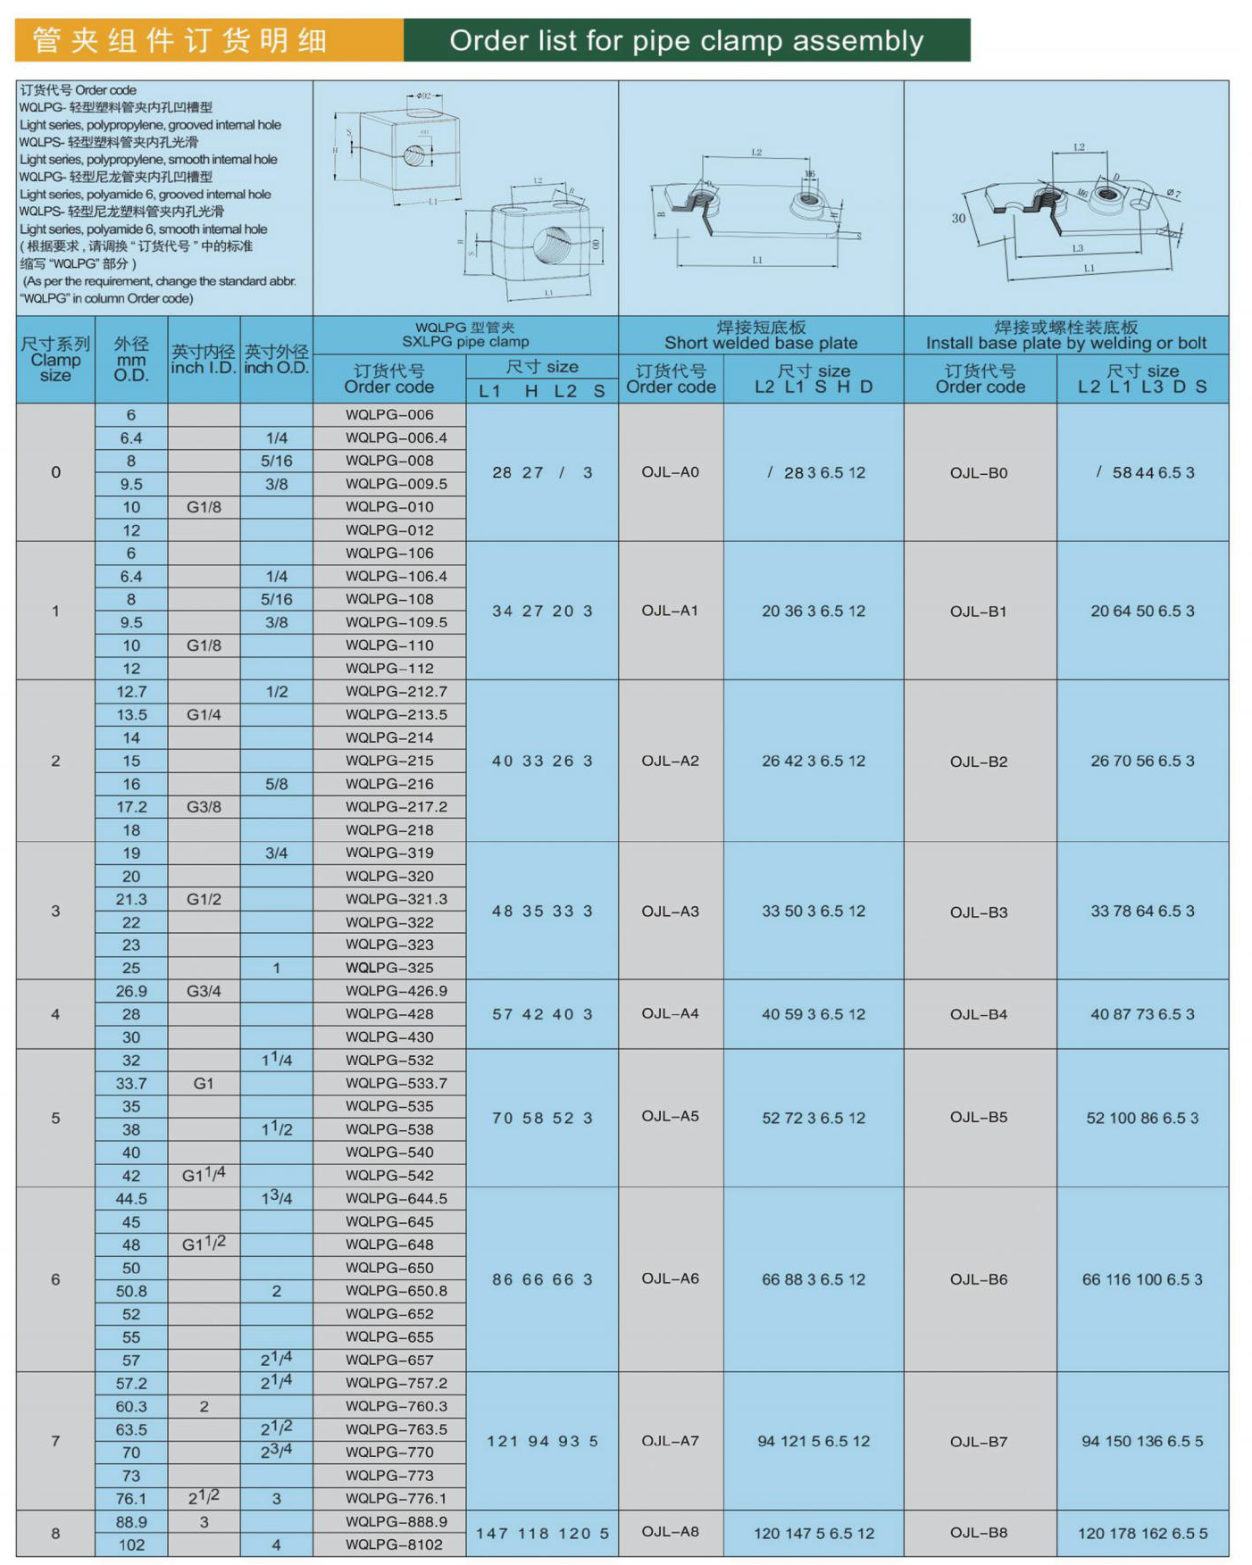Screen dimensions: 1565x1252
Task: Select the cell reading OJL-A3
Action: pyautogui.click(x=670, y=911)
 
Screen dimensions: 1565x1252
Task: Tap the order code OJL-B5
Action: pyautogui.click(x=978, y=1117)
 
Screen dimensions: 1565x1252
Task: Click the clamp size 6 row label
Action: pyautogui.click(x=55, y=1279)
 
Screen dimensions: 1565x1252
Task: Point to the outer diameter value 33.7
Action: pyautogui.click(x=131, y=1083)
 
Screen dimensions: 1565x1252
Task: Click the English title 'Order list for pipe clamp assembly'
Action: pyautogui.click(x=686, y=40)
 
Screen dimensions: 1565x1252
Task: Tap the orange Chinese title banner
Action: pyautogui.click(x=209, y=40)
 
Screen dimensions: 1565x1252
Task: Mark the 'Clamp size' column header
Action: pyautogui.click(x=55, y=360)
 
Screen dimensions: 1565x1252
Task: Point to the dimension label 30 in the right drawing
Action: pyautogui.click(x=958, y=218)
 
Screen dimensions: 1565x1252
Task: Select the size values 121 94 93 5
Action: pyautogui.click(x=541, y=1441)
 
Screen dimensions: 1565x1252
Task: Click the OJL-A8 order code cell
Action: pyautogui.click(x=670, y=1532)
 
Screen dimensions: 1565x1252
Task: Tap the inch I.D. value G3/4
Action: pyautogui.click(x=204, y=991)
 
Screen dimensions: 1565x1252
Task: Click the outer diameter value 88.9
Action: pyautogui.click(x=131, y=1521)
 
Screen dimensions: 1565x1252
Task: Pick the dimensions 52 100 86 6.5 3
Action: pyautogui.click(x=1141, y=1118)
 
